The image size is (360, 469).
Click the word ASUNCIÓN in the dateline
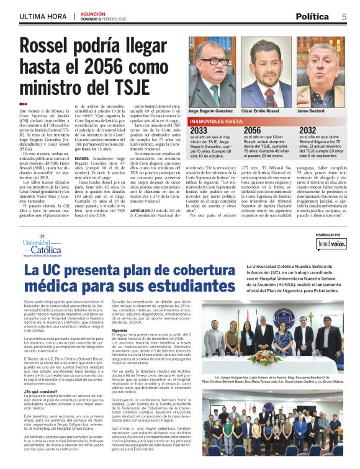pos(93,13)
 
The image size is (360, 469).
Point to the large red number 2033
pos(199,130)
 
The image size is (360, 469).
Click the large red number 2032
pos(308,130)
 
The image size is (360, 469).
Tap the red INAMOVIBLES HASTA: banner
pos(217,122)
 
